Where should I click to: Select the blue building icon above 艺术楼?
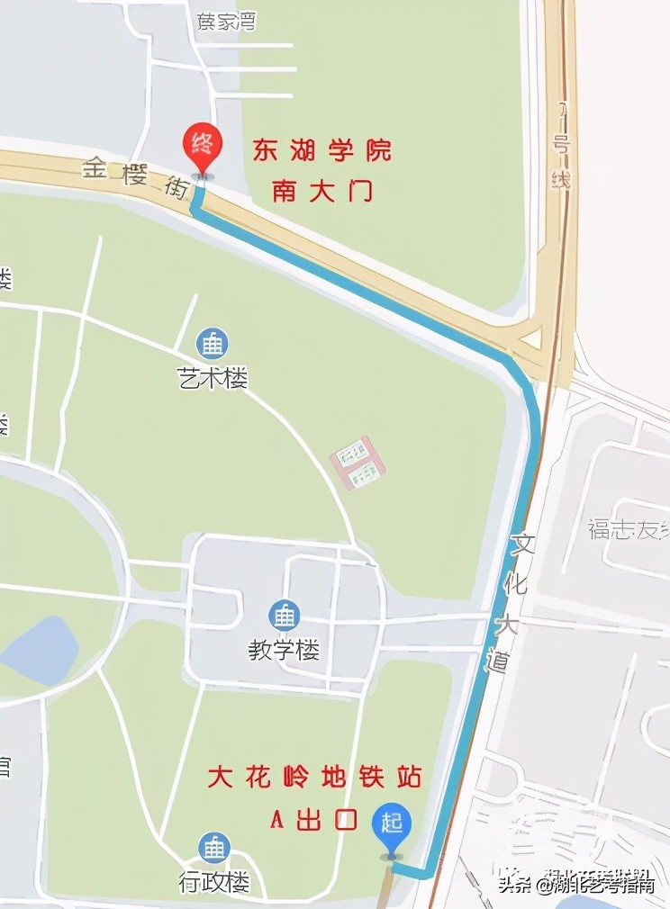point(213,343)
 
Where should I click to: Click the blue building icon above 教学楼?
point(285,616)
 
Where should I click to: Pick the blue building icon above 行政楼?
point(214,848)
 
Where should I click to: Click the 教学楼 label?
point(284,650)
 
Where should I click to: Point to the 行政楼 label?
point(213,883)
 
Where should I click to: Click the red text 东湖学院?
point(321,150)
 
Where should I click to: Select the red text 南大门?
point(321,191)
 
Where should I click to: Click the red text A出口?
point(314,820)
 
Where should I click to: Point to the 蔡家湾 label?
point(226,22)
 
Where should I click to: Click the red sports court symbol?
point(358,463)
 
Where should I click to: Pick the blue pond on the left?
point(41,650)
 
